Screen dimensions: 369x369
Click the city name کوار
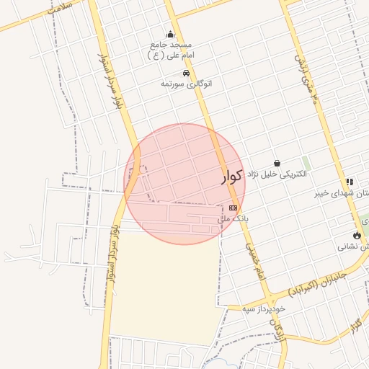pos(231,177)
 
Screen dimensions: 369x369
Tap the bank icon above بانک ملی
pos(232,208)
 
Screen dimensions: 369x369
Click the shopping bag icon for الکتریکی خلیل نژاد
pos(277,164)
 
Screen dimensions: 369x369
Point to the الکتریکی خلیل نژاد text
pos(277,174)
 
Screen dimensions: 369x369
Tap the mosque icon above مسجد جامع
pos(170,34)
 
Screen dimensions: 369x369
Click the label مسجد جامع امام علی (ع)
pos(170,50)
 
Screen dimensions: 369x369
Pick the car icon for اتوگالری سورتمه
pos(186,74)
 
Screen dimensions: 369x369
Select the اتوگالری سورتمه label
pos(186,84)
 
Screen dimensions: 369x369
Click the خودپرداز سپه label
pos(264,308)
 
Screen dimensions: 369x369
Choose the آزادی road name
pos(276,328)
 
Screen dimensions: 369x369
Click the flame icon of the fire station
pos(357,235)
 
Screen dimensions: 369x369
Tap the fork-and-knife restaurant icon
pos(350,182)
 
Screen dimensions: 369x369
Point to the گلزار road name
pos(355,324)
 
